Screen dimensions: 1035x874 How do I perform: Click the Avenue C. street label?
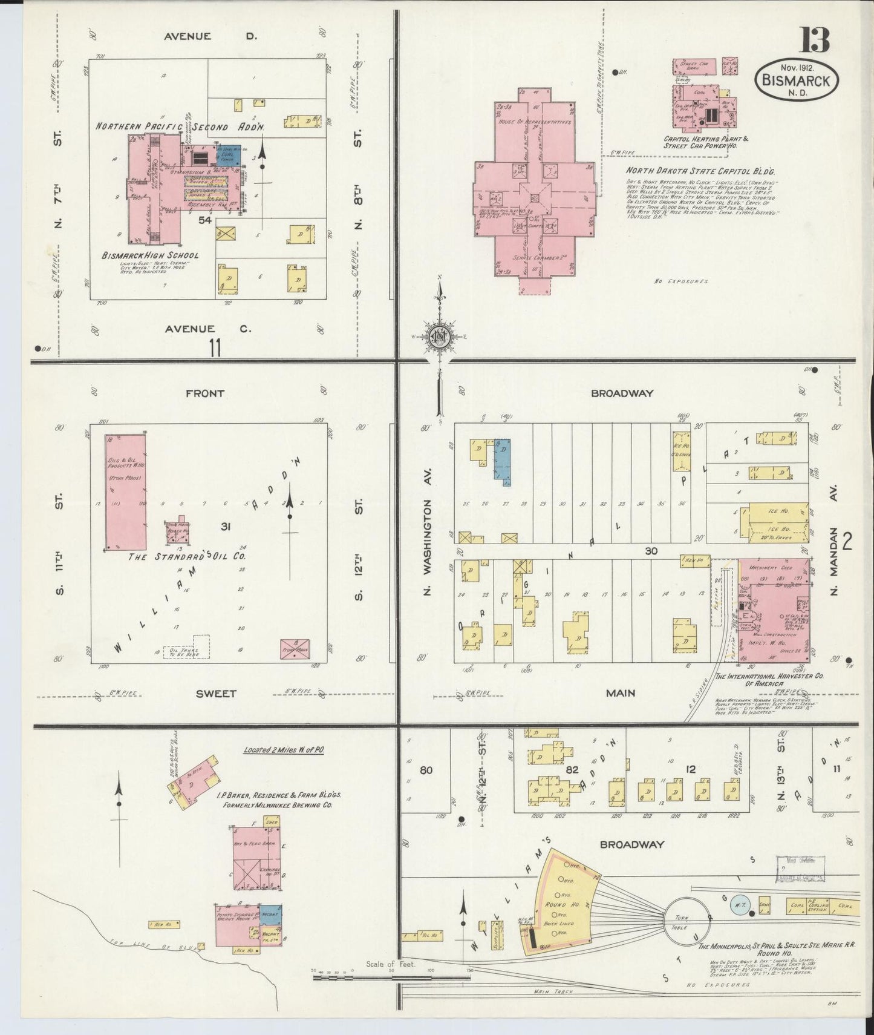[206, 329]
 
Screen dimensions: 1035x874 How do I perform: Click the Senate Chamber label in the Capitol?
[533, 258]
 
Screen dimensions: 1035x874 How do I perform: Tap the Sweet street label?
[215, 694]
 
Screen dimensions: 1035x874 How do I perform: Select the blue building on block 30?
[502, 459]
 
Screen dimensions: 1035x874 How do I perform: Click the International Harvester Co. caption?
[764, 680]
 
